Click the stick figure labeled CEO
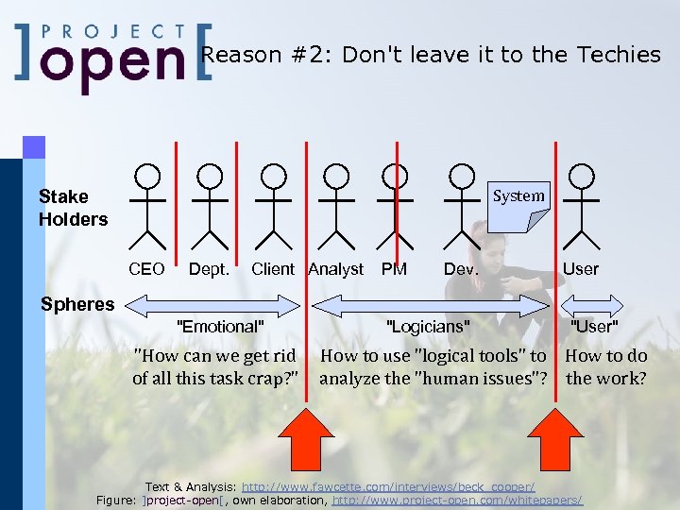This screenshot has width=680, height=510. pos(146,207)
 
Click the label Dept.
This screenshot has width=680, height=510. pos(209,269)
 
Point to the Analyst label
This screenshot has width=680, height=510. pos(335,269)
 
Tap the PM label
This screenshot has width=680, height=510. pos(394,269)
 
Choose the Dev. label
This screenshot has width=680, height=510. pos(461,269)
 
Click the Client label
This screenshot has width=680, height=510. pos(273,269)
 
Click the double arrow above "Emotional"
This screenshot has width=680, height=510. pos(212,304)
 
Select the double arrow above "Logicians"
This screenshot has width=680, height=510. pos(431,304)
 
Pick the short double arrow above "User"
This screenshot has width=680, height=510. pos(592,304)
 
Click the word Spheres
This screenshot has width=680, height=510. pos(76,304)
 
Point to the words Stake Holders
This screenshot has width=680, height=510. pos(73,208)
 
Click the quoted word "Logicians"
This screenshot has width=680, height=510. pos(428,327)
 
